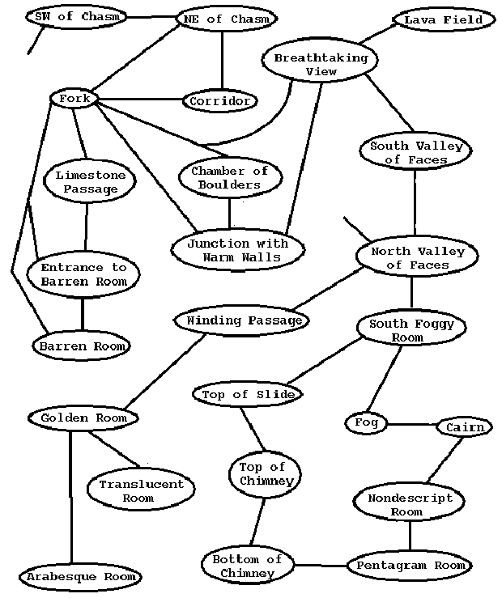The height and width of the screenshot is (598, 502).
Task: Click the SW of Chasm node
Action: pyautogui.click(x=77, y=16)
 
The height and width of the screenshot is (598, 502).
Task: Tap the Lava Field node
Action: pyautogui.click(x=443, y=19)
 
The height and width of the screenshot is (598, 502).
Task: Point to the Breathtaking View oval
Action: pyautogui.click(x=320, y=64)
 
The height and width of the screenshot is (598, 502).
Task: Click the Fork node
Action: pyautogui.click(x=74, y=99)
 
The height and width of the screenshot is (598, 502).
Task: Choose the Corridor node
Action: pyautogui.click(x=220, y=101)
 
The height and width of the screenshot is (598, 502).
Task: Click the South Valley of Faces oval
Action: pyautogui.click(x=415, y=152)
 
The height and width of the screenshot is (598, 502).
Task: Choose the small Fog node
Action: pyautogui.click(x=360, y=422)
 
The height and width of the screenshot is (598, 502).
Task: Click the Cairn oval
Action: pyautogui.click(x=465, y=426)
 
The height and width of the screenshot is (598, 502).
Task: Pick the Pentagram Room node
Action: pyautogui.click(x=410, y=566)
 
